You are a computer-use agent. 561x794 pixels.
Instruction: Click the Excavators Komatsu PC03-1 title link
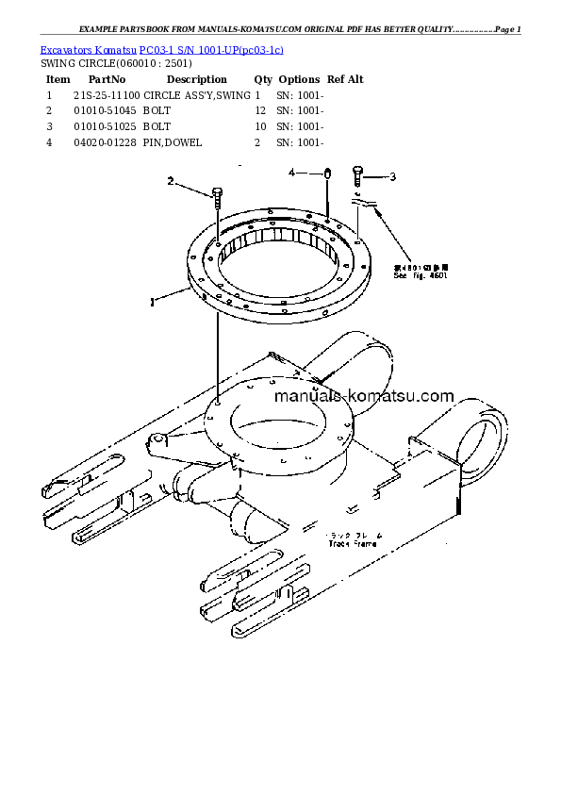point(162,49)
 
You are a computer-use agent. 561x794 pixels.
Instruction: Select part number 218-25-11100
point(106,96)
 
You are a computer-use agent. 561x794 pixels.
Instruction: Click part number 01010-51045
point(106,111)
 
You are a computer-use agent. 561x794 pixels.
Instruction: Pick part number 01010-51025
point(106,126)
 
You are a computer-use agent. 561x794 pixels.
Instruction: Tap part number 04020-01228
point(106,142)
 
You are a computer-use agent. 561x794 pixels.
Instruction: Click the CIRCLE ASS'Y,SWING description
point(197,96)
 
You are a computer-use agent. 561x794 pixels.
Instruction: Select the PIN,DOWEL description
point(173,142)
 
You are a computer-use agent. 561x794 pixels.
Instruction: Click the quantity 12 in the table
point(260,111)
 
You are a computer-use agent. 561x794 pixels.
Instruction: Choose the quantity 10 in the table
point(260,126)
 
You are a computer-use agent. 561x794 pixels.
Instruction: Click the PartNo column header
point(106,80)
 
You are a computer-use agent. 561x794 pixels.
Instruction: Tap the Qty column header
point(263,80)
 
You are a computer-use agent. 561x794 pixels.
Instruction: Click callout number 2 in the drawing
point(171,181)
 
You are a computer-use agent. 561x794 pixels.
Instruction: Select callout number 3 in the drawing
point(392,176)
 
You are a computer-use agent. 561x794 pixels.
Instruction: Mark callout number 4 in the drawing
point(292,173)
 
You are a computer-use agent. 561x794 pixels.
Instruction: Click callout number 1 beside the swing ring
point(151,303)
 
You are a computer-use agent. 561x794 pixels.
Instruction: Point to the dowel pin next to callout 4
point(326,174)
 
